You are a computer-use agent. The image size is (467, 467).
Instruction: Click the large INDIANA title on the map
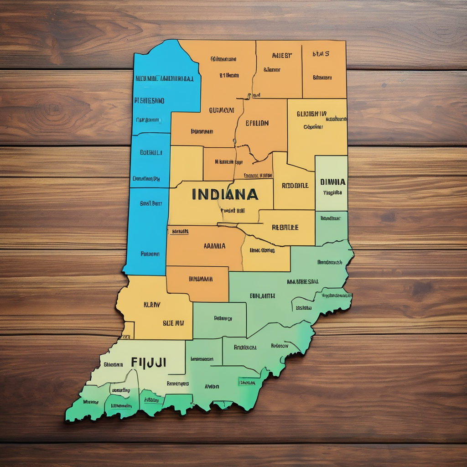[x=225, y=195]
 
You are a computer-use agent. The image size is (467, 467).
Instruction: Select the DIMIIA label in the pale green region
[x=333, y=182]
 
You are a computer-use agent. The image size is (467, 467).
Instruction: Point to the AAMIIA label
[x=214, y=246]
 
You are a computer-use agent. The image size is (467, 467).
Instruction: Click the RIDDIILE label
[x=295, y=186]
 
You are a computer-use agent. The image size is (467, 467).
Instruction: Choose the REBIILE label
[x=285, y=227]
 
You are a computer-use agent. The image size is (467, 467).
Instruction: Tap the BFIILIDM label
[x=257, y=123]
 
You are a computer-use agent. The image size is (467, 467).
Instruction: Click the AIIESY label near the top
[x=282, y=56]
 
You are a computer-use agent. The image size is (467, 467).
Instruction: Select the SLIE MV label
[x=173, y=322]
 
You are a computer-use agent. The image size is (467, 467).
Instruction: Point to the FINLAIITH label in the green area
[x=262, y=296]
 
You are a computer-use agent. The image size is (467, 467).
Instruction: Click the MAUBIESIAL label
[x=303, y=282]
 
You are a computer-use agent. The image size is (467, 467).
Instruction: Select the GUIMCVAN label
[x=222, y=110]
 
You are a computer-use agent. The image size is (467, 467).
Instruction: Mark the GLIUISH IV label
[x=311, y=114]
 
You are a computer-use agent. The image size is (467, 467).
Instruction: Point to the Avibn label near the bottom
[x=212, y=386]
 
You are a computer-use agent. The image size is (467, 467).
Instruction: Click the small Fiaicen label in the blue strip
[x=150, y=254]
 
